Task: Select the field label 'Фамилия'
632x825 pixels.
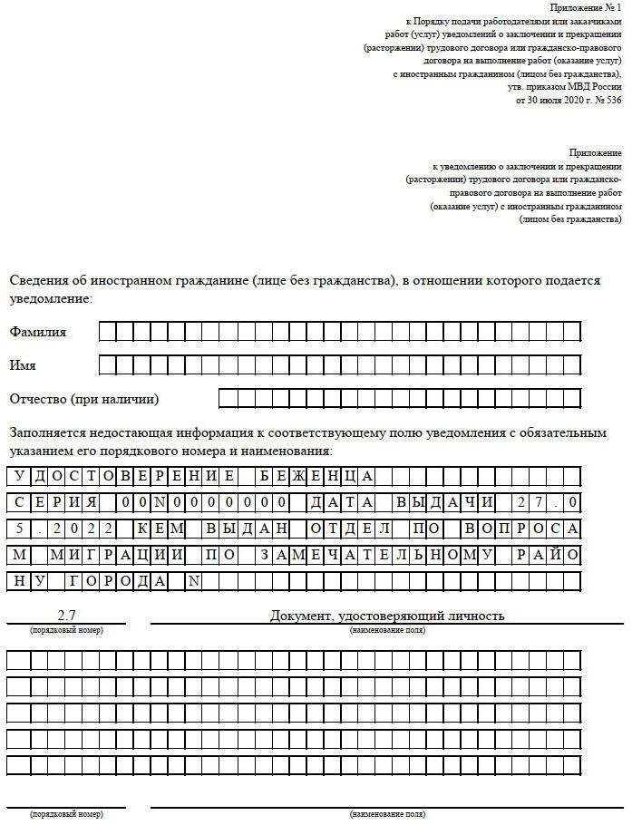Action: (x=37, y=332)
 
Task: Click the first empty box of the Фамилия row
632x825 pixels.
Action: (x=106, y=332)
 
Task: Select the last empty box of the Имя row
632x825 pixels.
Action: (x=571, y=365)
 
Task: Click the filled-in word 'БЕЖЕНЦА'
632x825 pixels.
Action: (x=314, y=476)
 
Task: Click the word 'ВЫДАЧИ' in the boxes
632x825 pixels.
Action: (x=445, y=502)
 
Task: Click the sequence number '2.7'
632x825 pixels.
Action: (x=66, y=616)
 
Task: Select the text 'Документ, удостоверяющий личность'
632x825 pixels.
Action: (x=387, y=616)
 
